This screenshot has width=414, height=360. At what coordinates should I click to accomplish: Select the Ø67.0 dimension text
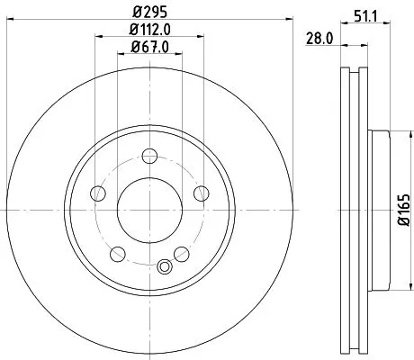149,49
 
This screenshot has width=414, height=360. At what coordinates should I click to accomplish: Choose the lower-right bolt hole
180,252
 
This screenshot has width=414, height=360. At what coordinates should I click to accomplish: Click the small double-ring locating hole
163,265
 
